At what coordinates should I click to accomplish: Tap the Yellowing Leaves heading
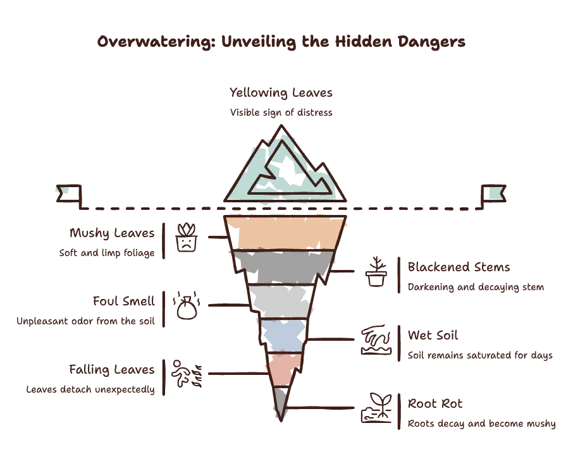coord(281,93)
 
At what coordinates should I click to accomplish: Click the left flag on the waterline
coord(69,195)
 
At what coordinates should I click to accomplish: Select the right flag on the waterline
coord(494,195)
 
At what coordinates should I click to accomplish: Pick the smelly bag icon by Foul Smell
coord(187,305)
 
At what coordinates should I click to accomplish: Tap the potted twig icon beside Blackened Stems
coord(376,271)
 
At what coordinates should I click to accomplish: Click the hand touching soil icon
coord(376,340)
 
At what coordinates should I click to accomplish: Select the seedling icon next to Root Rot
coord(376,408)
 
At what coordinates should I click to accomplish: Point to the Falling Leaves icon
coord(187,374)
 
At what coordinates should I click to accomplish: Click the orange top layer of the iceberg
coord(285,233)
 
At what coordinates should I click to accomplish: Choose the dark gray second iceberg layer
coord(283,267)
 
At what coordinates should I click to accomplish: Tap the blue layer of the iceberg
coord(283,336)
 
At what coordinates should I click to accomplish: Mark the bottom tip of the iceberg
coord(281,421)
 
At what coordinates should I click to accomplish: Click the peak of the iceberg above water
coord(281,126)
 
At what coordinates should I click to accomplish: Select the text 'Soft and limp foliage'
coord(107,253)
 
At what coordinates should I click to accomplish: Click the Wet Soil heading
coord(433,335)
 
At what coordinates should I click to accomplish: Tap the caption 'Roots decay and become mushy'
coord(482,424)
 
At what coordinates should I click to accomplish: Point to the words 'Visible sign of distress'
coord(281,113)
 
